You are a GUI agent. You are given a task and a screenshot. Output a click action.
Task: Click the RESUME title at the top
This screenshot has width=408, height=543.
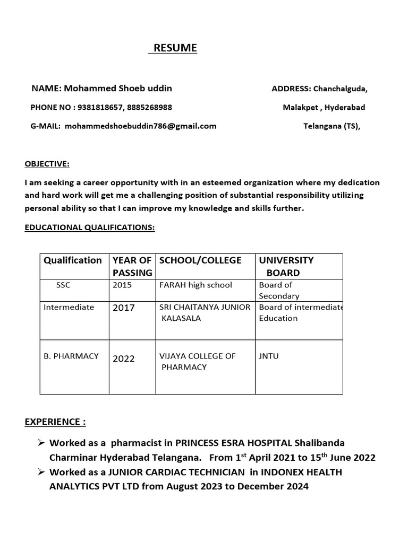click(175, 48)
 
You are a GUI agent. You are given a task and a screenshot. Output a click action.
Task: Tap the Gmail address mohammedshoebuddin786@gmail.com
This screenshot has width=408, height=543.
click(141, 126)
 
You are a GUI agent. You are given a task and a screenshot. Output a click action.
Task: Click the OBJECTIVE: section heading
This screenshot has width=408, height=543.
click(47, 164)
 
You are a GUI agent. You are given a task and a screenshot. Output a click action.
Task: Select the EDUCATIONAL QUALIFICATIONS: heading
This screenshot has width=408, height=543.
click(90, 227)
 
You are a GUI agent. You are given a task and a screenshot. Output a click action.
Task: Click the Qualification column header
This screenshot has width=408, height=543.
click(73, 260)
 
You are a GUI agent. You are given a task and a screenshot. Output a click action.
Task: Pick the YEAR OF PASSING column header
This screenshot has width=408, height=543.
click(132, 266)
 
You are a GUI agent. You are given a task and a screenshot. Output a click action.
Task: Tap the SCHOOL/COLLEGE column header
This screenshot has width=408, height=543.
click(200, 260)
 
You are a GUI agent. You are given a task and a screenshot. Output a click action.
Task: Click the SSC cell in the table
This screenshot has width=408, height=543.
click(63, 285)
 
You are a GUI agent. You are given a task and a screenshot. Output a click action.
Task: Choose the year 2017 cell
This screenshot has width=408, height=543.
click(124, 308)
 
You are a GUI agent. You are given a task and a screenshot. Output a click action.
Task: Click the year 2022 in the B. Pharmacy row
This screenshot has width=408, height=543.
click(124, 358)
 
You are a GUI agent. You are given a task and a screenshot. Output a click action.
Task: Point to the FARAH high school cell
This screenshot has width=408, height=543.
click(195, 285)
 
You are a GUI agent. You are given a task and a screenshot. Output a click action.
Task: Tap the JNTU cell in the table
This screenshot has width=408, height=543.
click(269, 356)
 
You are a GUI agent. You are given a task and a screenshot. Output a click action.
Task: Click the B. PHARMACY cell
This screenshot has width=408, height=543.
click(71, 356)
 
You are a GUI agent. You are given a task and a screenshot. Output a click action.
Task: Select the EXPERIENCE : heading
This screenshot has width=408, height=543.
click(55, 422)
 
